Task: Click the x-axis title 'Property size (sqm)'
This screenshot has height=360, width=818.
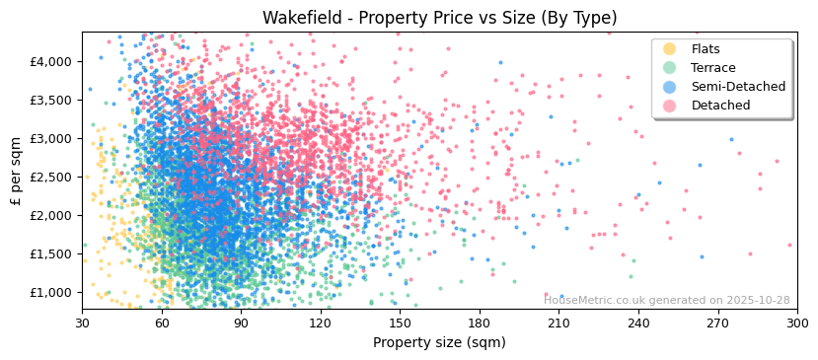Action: coord(439,342)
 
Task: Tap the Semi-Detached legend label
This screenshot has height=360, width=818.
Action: coord(738,87)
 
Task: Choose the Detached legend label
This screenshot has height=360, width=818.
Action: coord(720,106)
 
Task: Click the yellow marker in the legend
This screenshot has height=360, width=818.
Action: coord(670,49)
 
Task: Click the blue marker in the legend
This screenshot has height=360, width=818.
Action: coord(670,87)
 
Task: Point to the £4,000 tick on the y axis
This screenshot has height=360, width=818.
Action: coord(51,61)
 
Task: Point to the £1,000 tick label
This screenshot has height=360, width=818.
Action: coord(51,292)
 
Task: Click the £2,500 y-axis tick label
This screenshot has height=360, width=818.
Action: coord(51,177)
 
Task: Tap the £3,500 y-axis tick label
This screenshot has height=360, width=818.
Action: coord(51,100)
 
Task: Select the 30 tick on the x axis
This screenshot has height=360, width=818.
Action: coord(82,324)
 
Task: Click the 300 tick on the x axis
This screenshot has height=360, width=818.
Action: coord(796,324)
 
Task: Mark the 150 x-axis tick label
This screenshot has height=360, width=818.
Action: coord(400,324)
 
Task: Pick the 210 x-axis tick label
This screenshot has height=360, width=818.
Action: coord(558,324)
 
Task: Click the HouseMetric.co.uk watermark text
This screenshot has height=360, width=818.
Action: coord(667,300)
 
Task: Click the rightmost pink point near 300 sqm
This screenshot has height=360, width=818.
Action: coord(789,245)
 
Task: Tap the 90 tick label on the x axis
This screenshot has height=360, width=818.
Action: coord(241,324)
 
